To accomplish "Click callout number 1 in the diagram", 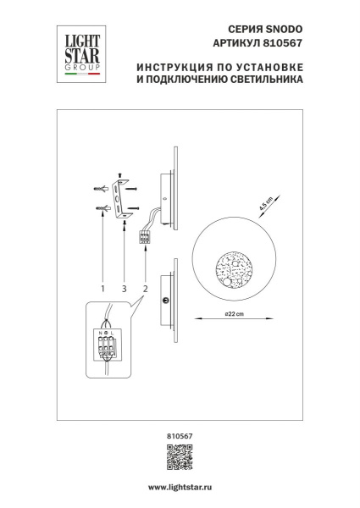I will click(102, 288).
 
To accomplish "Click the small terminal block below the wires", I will click(146, 238).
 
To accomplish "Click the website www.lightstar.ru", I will click(180, 489).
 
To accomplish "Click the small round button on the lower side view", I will click(166, 300).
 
